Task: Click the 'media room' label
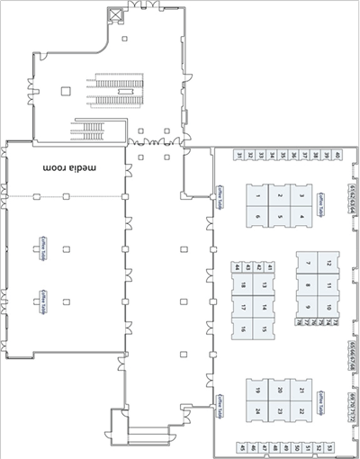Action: [x=72, y=168]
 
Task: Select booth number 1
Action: [x=257, y=195]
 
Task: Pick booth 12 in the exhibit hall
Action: [x=329, y=263]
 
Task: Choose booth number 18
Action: [x=243, y=286]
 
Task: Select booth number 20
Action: [x=279, y=390]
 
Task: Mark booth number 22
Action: [x=301, y=411]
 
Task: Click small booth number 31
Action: [x=239, y=156]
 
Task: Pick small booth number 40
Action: [x=337, y=156]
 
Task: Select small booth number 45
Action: [x=242, y=447]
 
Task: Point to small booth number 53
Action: [x=329, y=447]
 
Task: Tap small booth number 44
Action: [x=237, y=267]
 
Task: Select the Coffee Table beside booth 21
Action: [x=323, y=397]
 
